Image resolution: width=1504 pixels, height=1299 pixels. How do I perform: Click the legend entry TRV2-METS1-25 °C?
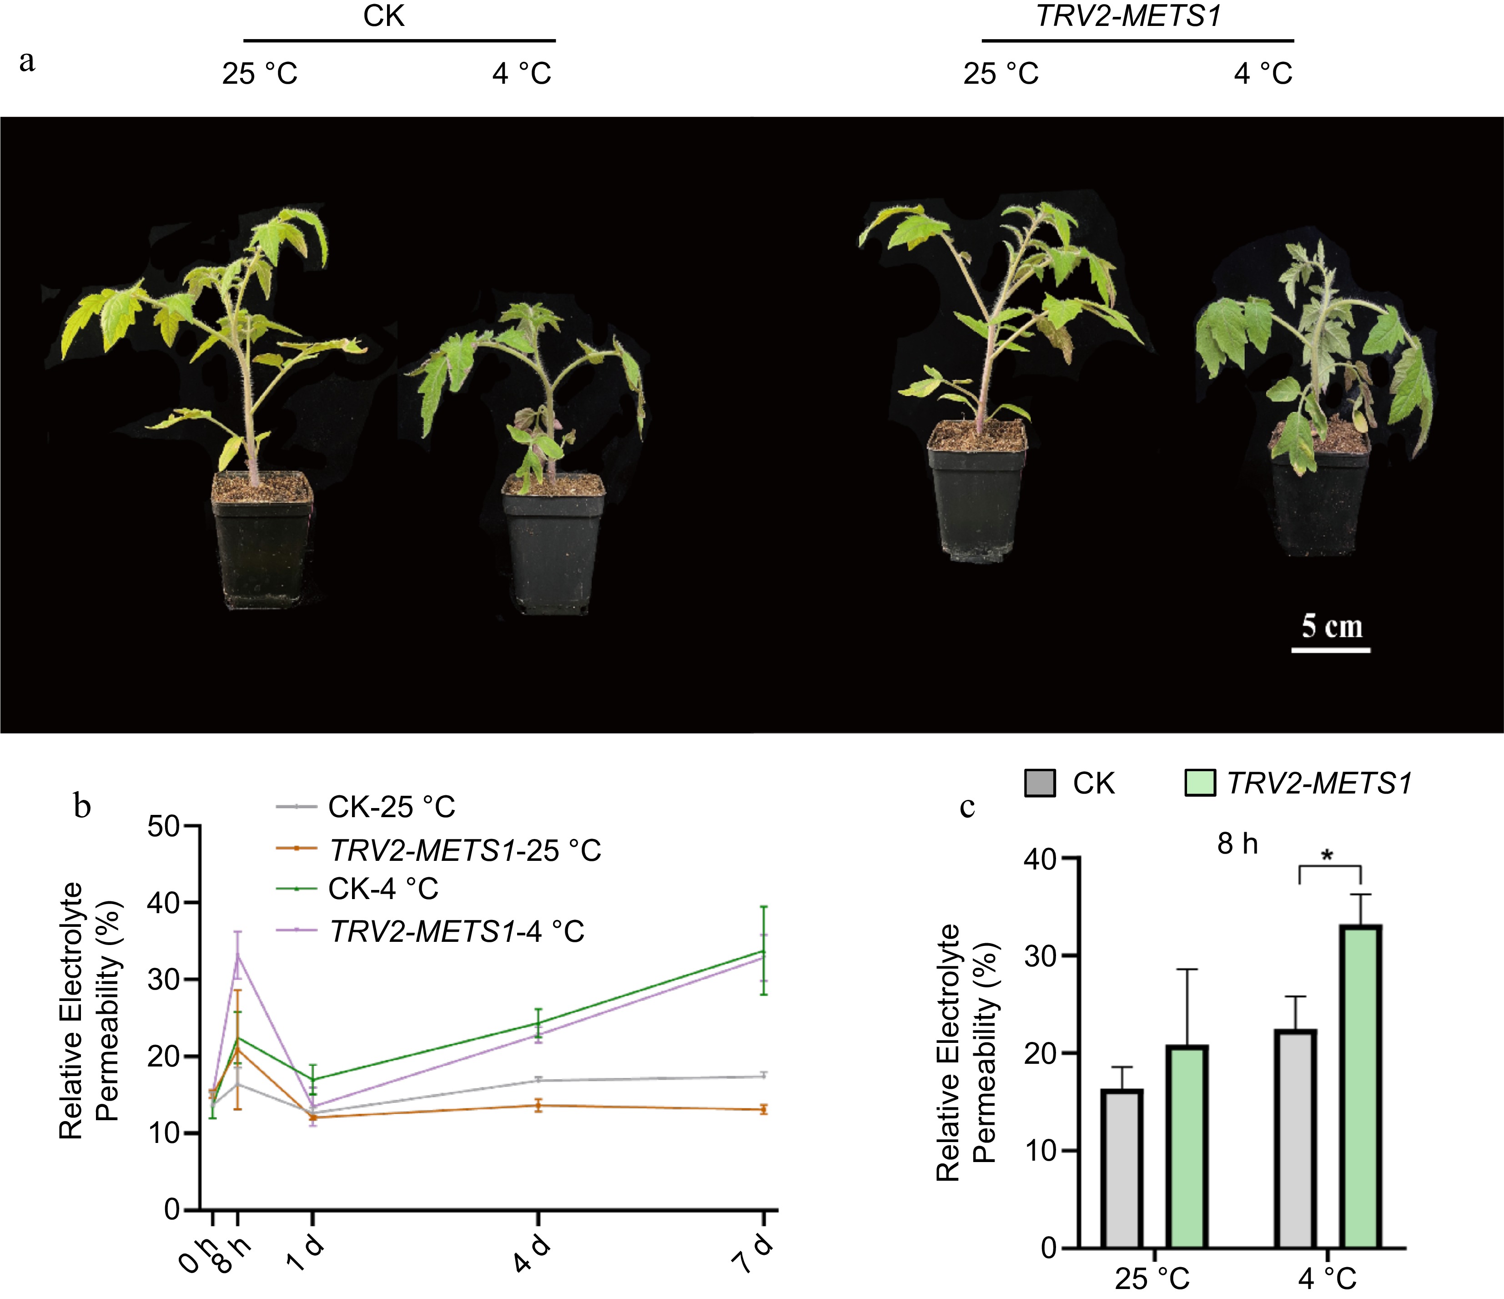tap(464, 849)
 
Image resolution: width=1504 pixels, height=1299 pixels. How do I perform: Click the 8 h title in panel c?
tap(1237, 844)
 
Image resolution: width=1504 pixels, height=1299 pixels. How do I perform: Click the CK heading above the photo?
tap(383, 16)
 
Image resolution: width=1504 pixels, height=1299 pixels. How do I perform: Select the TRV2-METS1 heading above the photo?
tap(1129, 16)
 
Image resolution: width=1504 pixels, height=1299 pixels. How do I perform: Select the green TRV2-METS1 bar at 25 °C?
tap(1187, 1147)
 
